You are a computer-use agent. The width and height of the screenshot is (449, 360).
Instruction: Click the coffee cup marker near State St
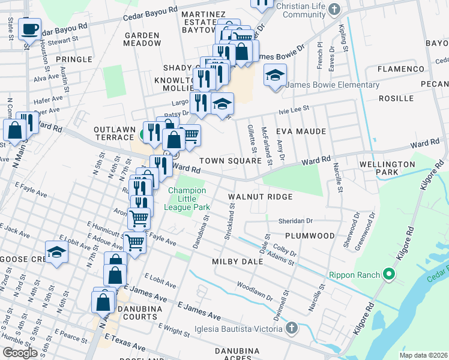(x=29, y=28)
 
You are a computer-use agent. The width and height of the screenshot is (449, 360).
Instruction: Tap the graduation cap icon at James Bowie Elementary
(x=275, y=75)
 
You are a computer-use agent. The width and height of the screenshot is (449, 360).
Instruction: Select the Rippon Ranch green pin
(x=388, y=275)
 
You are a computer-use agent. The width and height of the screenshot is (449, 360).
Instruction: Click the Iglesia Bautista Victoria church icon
(x=291, y=328)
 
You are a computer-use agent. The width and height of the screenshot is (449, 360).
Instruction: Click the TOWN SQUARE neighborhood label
(x=231, y=161)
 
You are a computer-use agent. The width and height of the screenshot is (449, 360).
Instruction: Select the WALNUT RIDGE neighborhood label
(x=261, y=197)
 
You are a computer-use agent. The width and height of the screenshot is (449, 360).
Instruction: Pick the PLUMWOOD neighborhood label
(x=309, y=236)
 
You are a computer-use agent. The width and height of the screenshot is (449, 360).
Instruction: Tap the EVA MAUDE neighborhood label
(x=301, y=131)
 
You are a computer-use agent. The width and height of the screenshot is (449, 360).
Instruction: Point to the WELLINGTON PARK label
(x=387, y=168)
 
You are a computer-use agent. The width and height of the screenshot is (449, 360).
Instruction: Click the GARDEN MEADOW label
(x=143, y=40)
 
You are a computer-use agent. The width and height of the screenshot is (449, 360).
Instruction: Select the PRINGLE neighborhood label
(x=74, y=59)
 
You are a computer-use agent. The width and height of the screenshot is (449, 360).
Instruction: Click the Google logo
(x=20, y=352)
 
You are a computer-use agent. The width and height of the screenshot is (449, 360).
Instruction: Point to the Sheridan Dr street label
(x=295, y=221)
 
